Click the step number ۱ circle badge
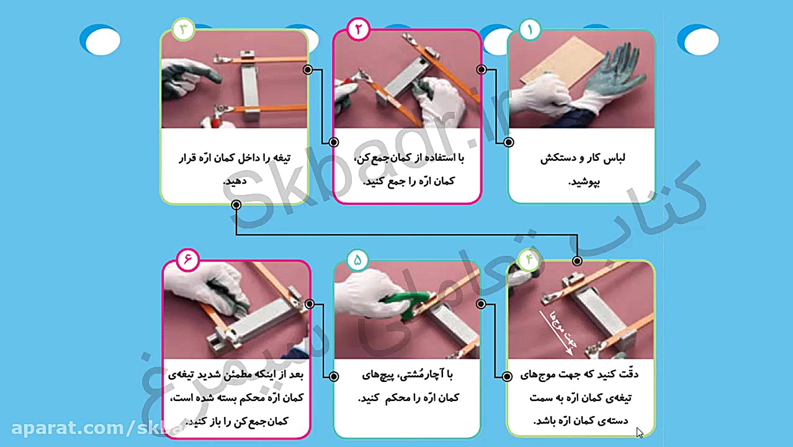pyautogui.click(x=530, y=29)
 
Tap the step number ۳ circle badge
pyautogui.click(x=183, y=29)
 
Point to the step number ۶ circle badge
pyautogui.click(x=187, y=260)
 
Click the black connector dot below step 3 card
pyautogui.click(x=236, y=204)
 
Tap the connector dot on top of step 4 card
pyautogui.click(x=577, y=261)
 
